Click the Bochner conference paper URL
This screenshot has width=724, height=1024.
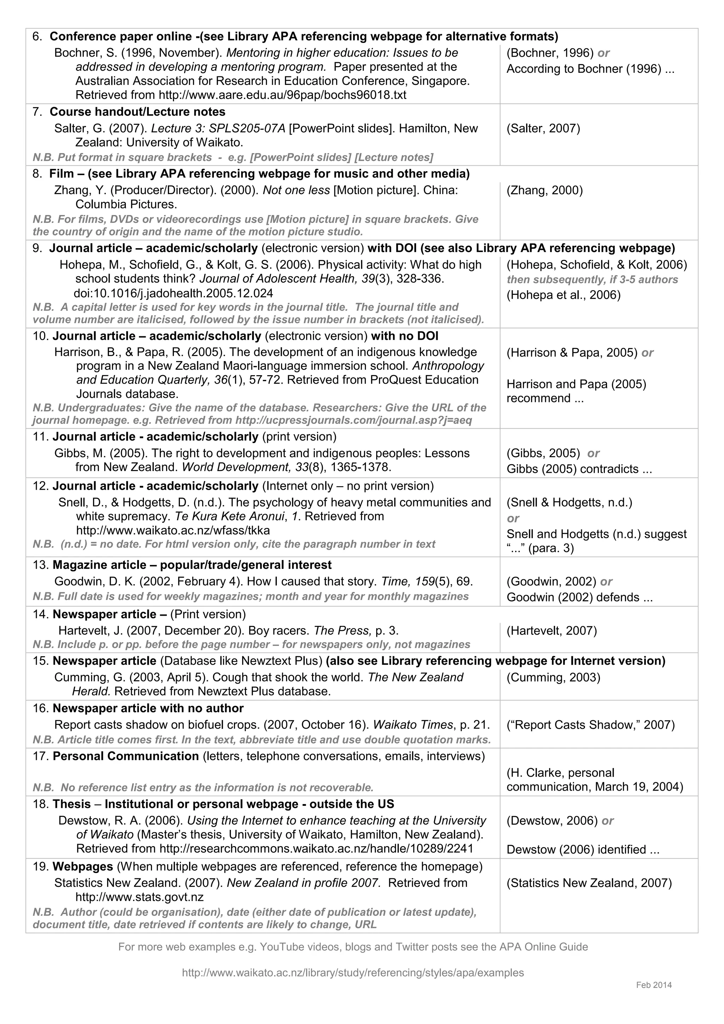point(282,95)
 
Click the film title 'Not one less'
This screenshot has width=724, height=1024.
point(296,191)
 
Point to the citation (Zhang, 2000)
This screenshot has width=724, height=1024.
point(544,191)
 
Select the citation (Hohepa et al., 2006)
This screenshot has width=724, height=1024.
point(563,295)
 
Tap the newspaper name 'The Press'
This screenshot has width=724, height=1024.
point(342,631)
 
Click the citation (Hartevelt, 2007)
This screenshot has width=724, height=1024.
point(551,631)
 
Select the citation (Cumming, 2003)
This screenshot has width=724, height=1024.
point(553,677)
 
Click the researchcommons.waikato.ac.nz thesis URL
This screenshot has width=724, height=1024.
point(316,848)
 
